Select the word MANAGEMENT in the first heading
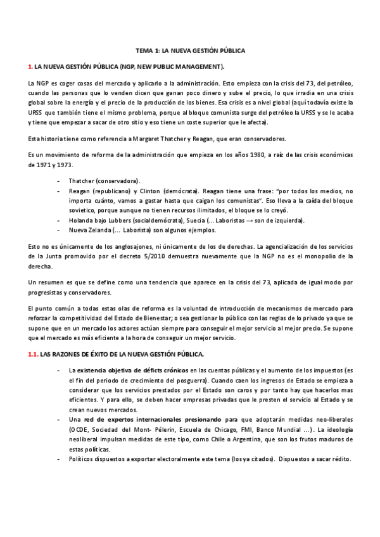pos(198,66)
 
